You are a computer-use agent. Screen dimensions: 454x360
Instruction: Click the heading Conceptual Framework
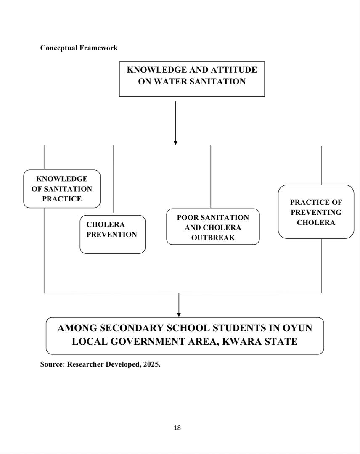[79, 48]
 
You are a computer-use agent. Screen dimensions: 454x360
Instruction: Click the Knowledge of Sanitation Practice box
[62, 189]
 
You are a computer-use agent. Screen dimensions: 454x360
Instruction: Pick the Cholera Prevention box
[112, 234]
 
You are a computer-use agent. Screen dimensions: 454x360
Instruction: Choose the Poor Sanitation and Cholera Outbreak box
[213, 227]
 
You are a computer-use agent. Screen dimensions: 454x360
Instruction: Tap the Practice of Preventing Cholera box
[316, 212]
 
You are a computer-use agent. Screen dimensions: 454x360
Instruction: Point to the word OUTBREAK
[213, 238]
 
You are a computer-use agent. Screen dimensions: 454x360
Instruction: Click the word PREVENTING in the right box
[316, 212]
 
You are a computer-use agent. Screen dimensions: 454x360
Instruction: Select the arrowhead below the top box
[175, 143]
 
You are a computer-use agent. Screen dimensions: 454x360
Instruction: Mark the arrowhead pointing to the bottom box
[179, 314]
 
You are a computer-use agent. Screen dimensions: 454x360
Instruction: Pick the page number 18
[177, 428]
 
